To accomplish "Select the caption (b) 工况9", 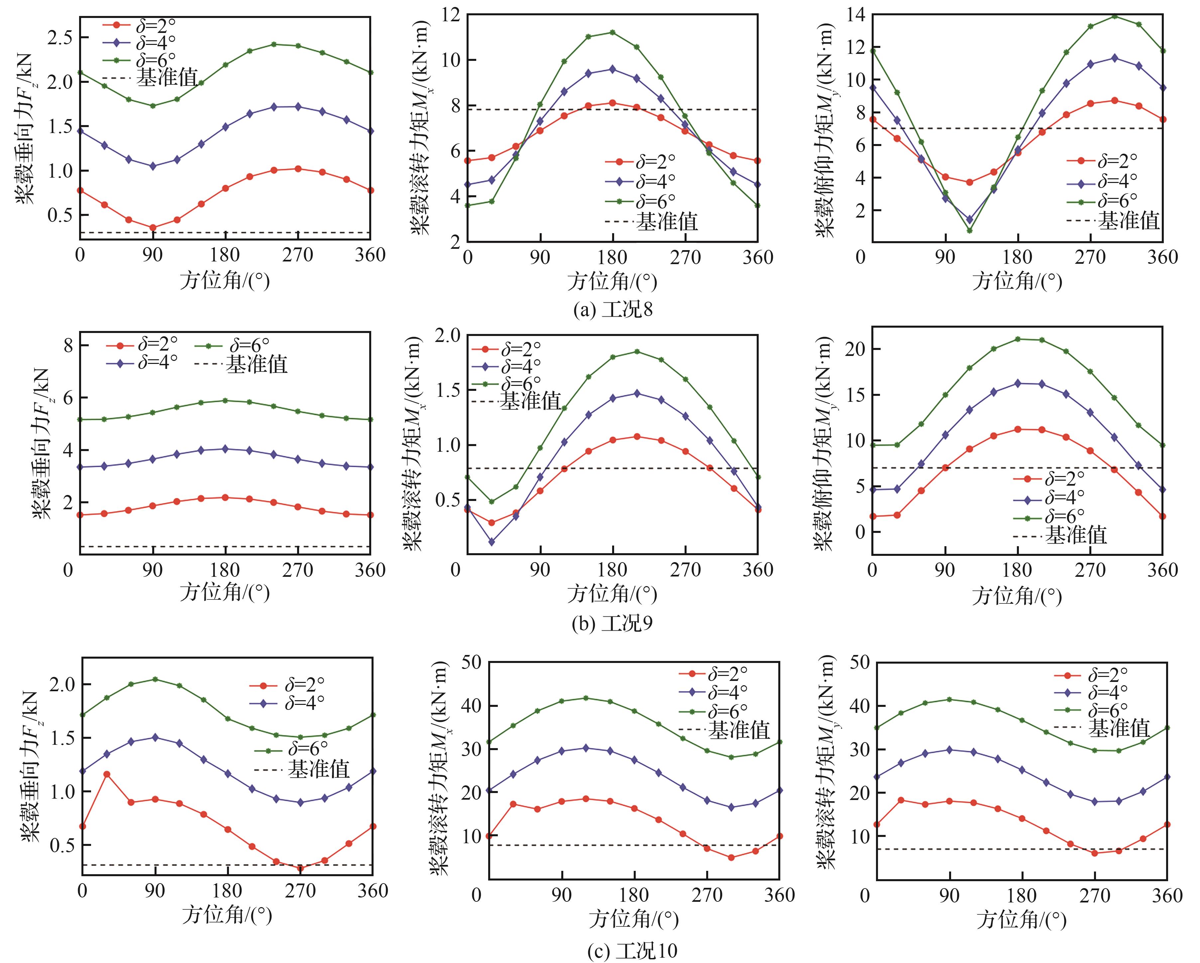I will click(x=612, y=624).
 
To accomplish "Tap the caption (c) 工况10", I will click(x=632, y=950).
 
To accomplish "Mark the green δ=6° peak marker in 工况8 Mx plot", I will click(x=612, y=32).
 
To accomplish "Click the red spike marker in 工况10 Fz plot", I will click(x=106, y=774).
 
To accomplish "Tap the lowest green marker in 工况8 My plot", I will click(x=970, y=231).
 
